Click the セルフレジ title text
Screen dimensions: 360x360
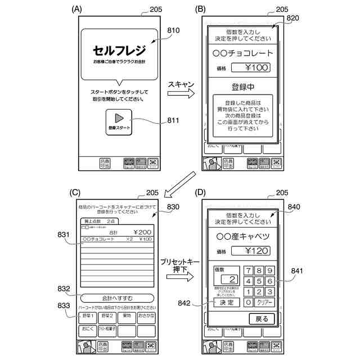point(119,50)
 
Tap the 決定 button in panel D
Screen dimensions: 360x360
point(226,303)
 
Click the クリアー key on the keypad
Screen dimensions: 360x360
point(264,303)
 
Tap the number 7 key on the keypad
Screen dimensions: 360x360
point(248,270)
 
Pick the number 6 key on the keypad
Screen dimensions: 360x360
point(269,281)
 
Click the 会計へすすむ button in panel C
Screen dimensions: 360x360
point(116,298)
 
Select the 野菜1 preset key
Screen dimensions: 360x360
point(87,316)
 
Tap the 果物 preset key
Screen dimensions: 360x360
point(126,316)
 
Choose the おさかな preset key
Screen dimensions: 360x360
point(145,316)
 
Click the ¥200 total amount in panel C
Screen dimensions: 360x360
point(142,232)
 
